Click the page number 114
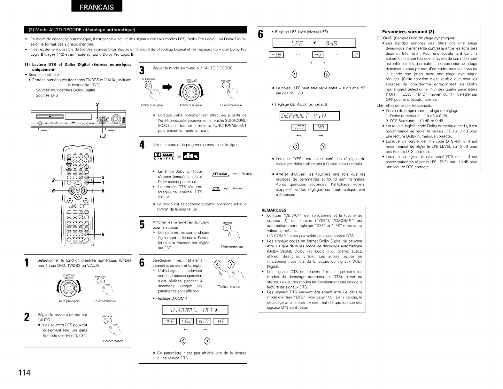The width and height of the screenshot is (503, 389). coord(24,373)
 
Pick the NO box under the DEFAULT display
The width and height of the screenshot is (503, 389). coord(321,127)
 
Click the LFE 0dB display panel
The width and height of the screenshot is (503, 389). coord(313,43)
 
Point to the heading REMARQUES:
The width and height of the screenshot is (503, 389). coord(275,210)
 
